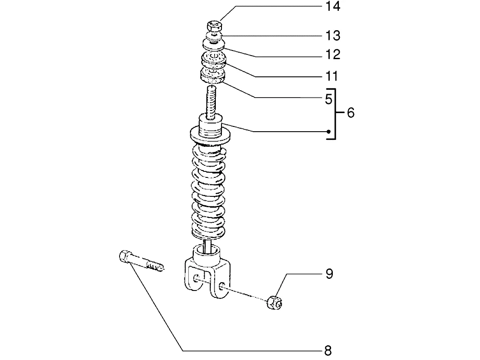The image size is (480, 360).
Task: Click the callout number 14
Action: [333, 6]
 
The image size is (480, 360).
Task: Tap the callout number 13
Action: [333, 35]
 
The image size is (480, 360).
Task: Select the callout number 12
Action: [333, 54]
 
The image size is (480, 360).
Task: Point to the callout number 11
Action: [332, 76]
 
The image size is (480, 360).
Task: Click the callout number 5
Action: [328, 99]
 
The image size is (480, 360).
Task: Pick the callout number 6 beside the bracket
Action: [351, 113]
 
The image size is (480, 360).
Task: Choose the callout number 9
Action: [329, 274]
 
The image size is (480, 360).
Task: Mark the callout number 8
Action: [328, 351]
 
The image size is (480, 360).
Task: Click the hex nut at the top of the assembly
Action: [215, 26]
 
